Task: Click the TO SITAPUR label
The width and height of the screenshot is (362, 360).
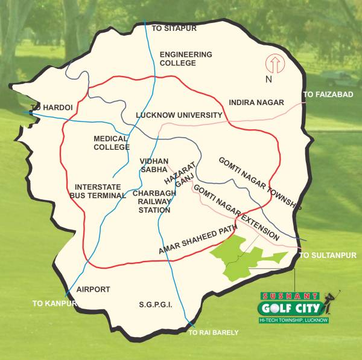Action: pos(174,28)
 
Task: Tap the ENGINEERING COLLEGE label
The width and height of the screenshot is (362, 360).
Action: pos(186,59)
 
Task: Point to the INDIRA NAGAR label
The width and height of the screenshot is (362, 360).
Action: pos(256,103)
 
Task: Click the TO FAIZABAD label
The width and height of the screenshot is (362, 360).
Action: pos(328,95)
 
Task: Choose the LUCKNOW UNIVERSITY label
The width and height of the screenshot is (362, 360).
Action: pos(179,115)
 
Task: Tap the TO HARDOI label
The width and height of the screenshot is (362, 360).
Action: pos(51,108)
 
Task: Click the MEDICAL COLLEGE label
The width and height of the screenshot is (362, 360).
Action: pos(112,143)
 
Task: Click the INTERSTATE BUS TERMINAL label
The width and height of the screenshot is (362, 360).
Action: pos(98,191)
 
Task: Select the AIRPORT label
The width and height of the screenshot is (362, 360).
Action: pos(94,289)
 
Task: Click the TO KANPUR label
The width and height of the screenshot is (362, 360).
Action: pos(55,303)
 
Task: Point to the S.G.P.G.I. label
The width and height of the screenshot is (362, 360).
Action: pos(155,305)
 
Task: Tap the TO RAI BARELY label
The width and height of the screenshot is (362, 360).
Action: pos(214,333)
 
